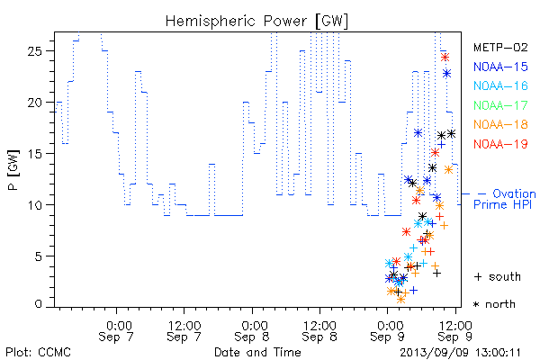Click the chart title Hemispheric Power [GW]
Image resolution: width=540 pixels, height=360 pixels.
point(256,22)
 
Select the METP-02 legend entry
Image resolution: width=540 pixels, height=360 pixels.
point(500,47)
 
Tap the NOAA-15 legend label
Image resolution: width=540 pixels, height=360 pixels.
point(500,67)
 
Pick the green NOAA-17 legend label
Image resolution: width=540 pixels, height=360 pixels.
point(500,105)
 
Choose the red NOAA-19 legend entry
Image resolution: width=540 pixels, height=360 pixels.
point(500,144)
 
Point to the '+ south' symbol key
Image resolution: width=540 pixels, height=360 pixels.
point(498,276)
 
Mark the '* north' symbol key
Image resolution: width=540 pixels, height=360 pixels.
point(494,304)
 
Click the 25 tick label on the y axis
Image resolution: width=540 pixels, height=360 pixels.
point(34,51)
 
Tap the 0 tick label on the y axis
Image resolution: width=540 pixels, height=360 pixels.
point(38,304)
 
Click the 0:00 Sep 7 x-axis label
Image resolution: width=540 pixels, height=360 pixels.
point(116,331)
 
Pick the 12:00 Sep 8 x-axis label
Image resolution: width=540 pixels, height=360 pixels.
point(319,331)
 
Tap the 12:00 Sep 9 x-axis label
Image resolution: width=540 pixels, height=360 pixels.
point(455,331)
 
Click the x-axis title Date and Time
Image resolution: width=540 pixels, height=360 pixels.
point(257,353)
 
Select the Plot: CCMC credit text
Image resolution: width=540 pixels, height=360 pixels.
point(38,353)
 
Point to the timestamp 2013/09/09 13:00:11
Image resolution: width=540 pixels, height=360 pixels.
point(461,353)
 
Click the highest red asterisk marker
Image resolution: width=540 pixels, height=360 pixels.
point(445,58)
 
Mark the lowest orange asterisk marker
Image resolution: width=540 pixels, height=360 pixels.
point(400,300)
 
